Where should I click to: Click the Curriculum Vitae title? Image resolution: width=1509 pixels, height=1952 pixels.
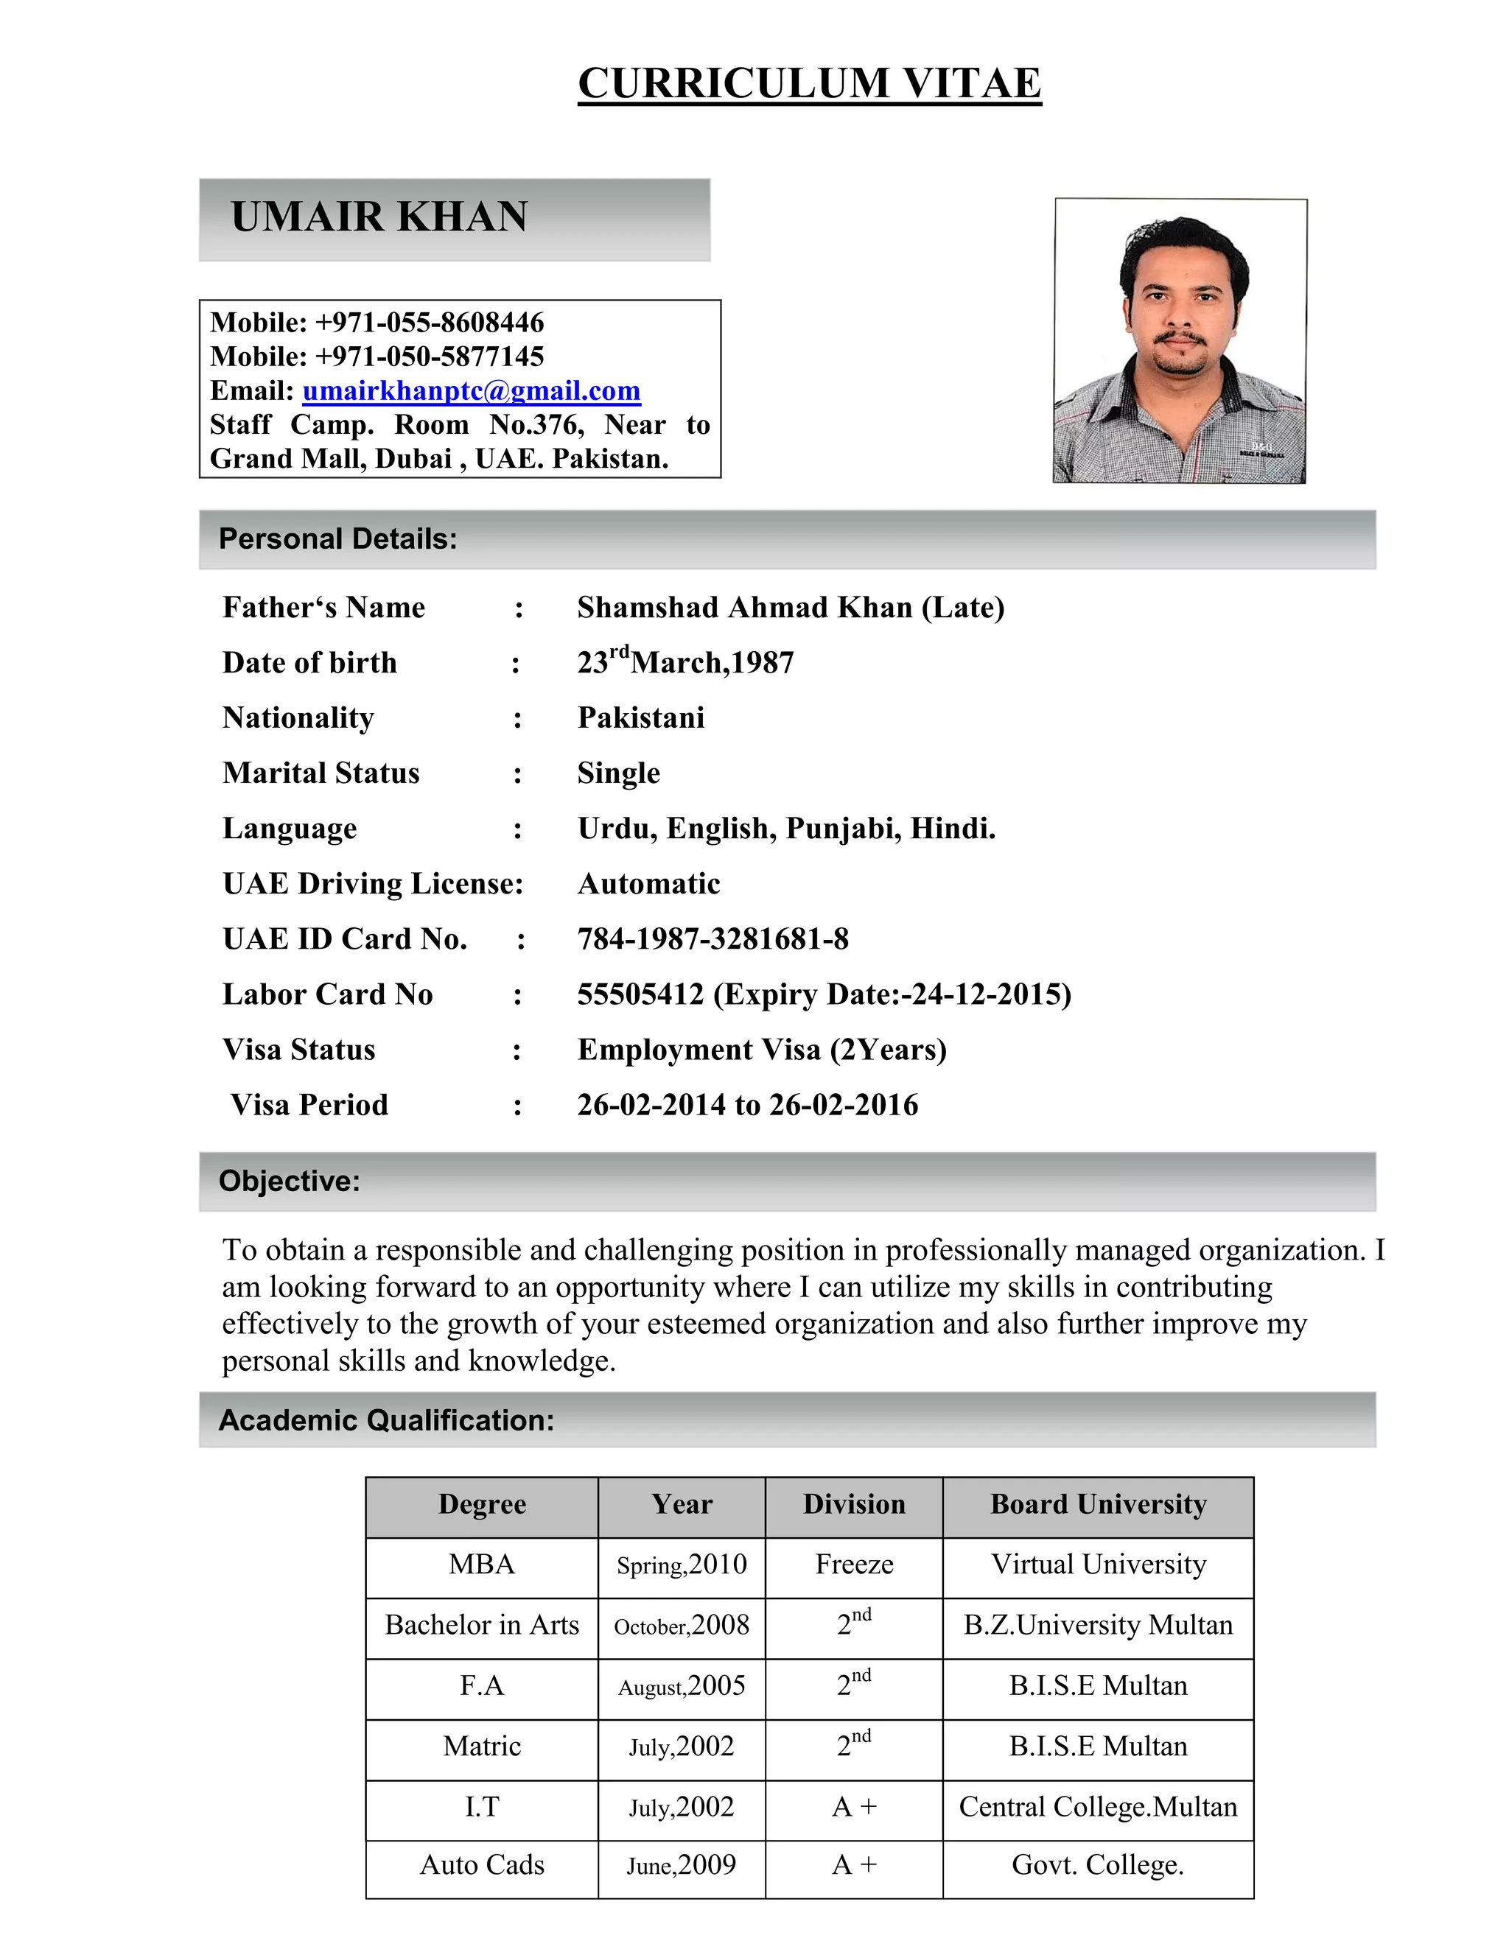(x=809, y=83)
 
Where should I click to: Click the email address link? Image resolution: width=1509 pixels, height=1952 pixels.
(x=471, y=390)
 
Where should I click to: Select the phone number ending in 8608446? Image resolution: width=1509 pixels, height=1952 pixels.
(x=429, y=323)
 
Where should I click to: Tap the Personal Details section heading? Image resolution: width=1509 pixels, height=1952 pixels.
(x=338, y=539)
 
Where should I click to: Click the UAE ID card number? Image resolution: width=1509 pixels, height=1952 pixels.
(x=713, y=938)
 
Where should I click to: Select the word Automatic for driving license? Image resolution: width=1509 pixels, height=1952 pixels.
(x=648, y=883)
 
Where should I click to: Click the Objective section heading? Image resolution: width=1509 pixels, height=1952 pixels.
(x=289, y=1181)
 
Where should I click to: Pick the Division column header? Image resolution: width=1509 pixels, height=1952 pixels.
(x=854, y=1504)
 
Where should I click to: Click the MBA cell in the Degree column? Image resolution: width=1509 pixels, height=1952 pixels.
(x=482, y=1564)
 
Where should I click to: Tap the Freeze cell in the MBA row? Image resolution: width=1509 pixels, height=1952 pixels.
(x=854, y=1564)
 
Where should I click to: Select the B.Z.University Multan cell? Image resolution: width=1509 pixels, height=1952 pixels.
(x=1098, y=1624)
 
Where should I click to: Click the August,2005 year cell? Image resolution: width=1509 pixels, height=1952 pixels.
(x=682, y=1685)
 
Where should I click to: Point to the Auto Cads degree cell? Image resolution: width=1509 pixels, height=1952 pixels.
(x=482, y=1865)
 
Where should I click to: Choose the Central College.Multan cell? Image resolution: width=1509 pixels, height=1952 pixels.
(x=1098, y=1806)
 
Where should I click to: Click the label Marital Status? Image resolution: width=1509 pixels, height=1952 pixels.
(x=321, y=773)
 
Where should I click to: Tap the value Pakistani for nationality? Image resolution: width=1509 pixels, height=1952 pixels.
(x=641, y=717)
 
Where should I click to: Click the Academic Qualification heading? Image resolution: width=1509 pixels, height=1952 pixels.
(x=386, y=1420)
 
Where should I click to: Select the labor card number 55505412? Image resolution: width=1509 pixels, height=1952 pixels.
(x=640, y=994)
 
